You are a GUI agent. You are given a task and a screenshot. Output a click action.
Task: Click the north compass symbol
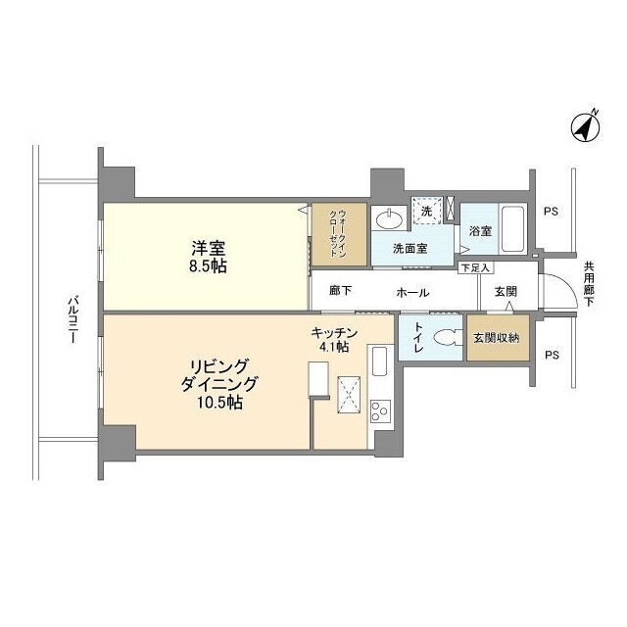pyautogui.click(x=586, y=126)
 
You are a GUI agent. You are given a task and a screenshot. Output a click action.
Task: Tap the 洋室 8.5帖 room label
pyautogui.click(x=208, y=257)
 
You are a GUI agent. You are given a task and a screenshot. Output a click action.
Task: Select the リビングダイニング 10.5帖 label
pyautogui.click(x=218, y=384)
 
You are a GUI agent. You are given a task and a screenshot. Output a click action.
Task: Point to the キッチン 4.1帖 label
pyautogui.click(x=334, y=340)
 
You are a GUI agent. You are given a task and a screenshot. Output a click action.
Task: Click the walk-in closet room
pyautogui.click(x=339, y=234)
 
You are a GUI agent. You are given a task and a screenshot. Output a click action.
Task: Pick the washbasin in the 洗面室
pyautogui.click(x=389, y=219)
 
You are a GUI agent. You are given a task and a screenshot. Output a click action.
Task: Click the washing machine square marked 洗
pyautogui.click(x=427, y=212)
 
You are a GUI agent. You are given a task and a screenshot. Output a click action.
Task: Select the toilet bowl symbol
pyautogui.click(x=447, y=337)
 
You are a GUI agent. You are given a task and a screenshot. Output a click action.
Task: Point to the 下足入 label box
pyautogui.click(x=476, y=267)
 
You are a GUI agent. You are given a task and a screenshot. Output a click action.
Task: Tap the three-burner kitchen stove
pyautogui.click(x=379, y=410)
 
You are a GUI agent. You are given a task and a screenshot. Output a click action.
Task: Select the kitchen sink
pyautogui.click(x=379, y=361)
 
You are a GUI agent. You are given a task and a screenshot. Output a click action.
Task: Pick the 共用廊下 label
pyautogui.click(x=589, y=283)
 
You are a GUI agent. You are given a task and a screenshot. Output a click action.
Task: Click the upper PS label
pyautogui.click(x=551, y=212)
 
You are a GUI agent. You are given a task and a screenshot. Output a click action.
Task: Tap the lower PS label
pyautogui.click(x=552, y=355)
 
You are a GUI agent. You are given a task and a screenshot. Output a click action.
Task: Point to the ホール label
pyautogui.click(x=412, y=293)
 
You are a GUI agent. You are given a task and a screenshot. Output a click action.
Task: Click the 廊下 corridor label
pyautogui.click(x=340, y=291)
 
